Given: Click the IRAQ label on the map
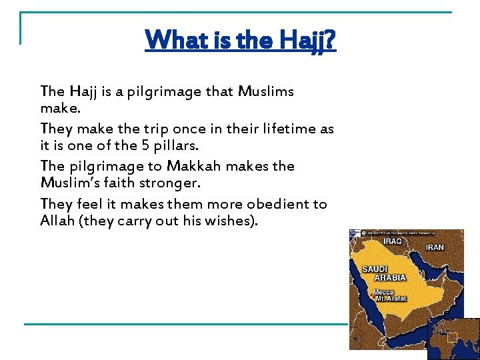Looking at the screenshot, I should tap(392, 241).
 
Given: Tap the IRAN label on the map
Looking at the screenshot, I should tap(435, 247).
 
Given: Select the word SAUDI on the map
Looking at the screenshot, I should tap(375, 269).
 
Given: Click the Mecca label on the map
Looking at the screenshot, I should tap(383, 293).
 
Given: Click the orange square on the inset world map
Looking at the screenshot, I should tap(452, 337).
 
